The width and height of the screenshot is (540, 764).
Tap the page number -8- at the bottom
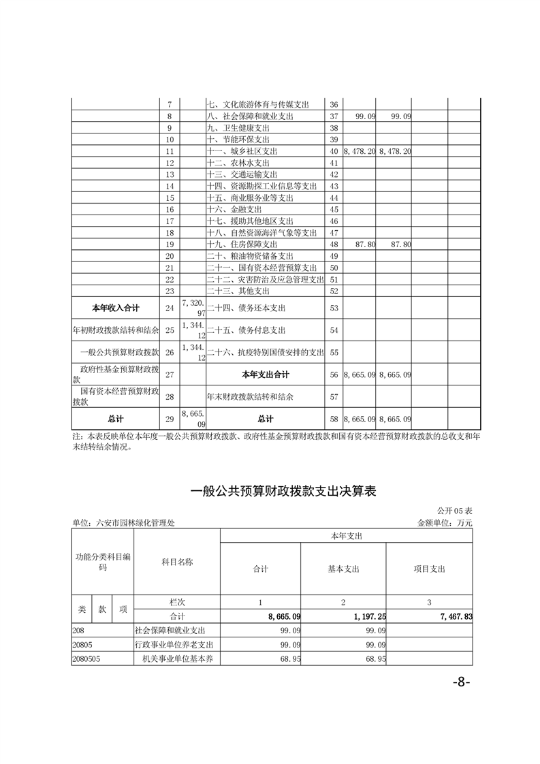tap(460, 683)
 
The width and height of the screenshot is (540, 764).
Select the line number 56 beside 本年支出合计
tap(334, 375)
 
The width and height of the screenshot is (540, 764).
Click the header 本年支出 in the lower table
tap(346, 537)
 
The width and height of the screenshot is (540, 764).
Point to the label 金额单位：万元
tap(445, 523)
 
